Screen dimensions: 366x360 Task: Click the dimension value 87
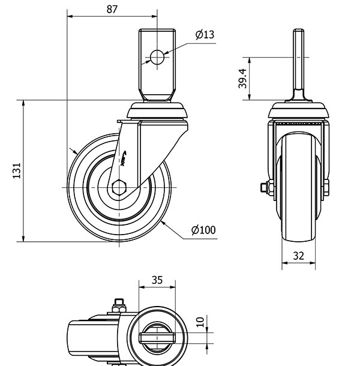[112, 9]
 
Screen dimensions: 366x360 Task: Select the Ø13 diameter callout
[205, 35]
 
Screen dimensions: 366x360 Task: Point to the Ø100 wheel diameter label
[203, 230]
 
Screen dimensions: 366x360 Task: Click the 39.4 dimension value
[242, 79]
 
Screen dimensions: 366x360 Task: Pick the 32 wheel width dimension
[299, 256]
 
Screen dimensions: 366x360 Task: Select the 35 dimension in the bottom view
[157, 280]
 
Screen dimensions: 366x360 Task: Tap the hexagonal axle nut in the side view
[119, 188]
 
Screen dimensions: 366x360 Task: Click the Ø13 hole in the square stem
[157, 58]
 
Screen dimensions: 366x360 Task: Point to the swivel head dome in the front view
[299, 110]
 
